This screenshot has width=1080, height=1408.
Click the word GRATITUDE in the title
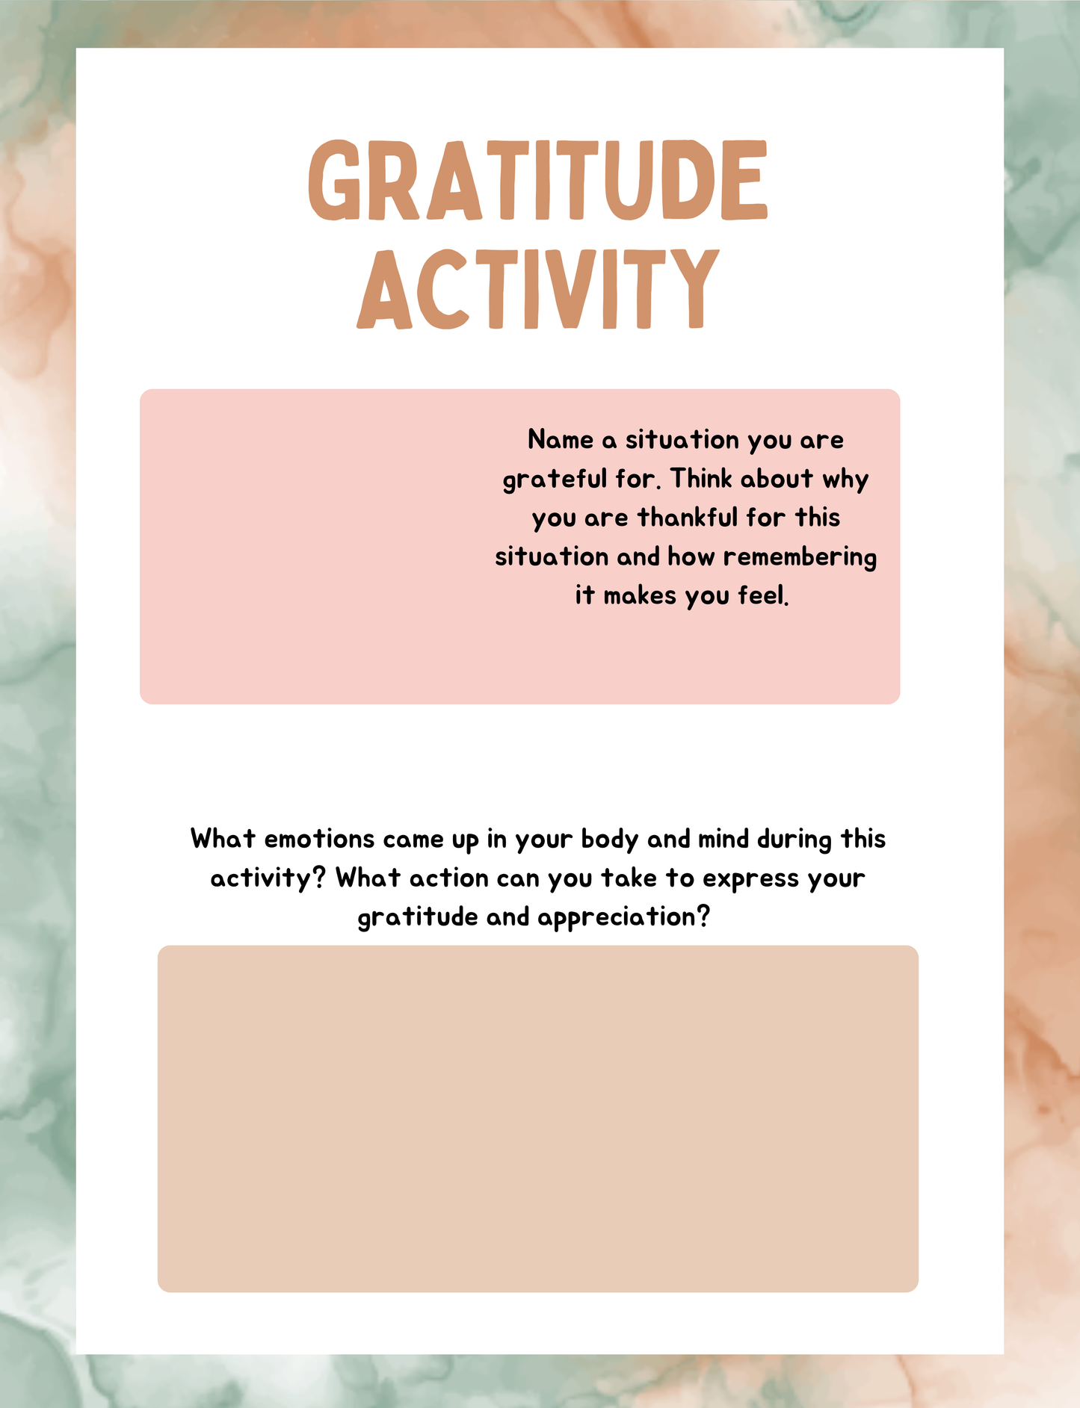coord(538,181)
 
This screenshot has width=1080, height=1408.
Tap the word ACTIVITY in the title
coord(538,289)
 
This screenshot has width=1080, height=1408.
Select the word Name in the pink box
coord(561,440)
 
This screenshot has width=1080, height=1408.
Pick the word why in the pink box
coord(845,480)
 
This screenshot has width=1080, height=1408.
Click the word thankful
coord(687,518)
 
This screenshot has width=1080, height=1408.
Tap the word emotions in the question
coord(319,839)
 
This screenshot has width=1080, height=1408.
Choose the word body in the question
coord(610,840)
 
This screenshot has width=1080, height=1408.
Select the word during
coord(794,840)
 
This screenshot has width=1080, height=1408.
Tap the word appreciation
coord(622,917)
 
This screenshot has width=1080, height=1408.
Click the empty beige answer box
coord(537,1118)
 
